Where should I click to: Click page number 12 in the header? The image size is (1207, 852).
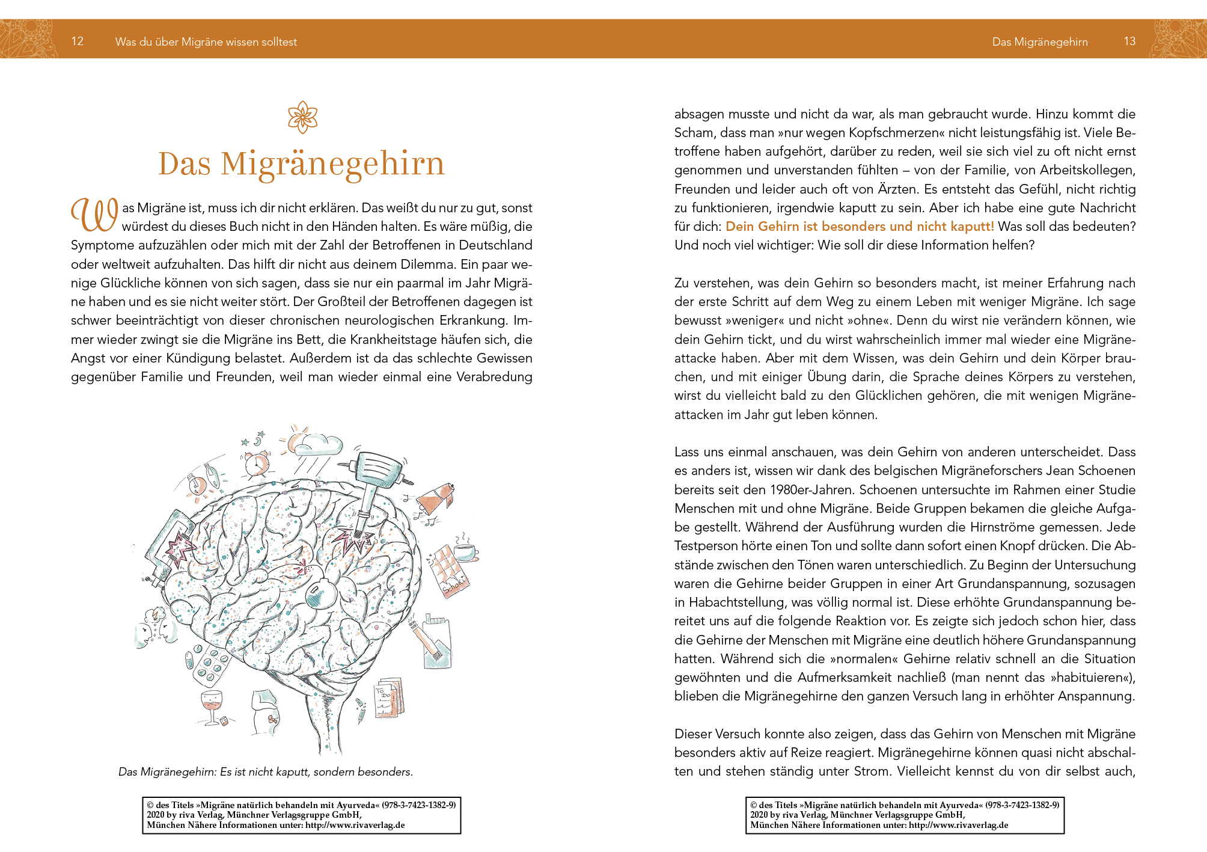point(77,41)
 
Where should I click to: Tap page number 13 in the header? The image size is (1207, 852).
point(1129,41)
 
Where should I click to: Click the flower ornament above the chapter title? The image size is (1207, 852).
point(302,117)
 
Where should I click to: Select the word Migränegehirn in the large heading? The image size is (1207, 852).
point(332,164)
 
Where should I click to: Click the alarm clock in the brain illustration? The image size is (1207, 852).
point(257,462)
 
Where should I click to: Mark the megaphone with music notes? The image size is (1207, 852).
point(438,499)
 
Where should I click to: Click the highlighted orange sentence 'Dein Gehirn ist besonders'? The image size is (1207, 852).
point(860,227)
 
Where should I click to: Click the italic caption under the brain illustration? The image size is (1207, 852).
point(266,771)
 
